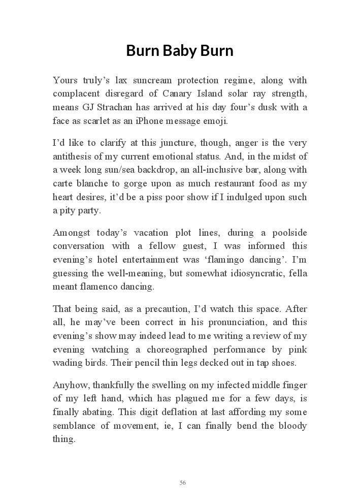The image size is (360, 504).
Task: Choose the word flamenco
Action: [x=100, y=287]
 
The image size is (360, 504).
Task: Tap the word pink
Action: [x=298, y=350]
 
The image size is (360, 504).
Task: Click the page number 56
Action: [x=183, y=483]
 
